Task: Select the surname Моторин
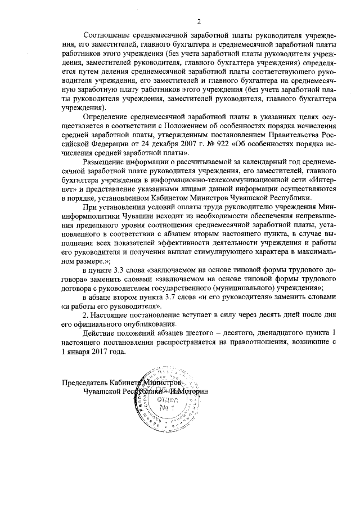tap(193, 391)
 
